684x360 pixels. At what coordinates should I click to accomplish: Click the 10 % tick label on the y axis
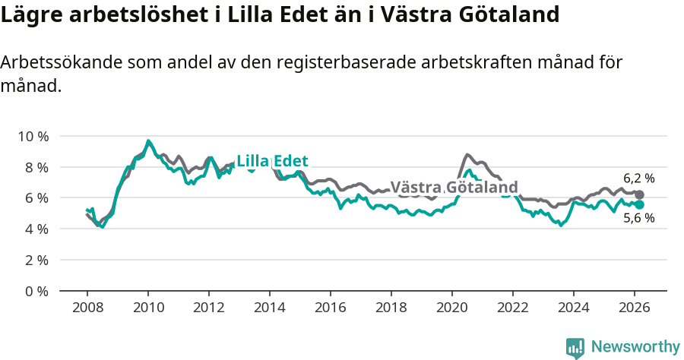[33, 136]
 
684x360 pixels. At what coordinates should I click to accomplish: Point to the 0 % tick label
[36, 291]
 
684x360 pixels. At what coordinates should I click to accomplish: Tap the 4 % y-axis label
[36, 229]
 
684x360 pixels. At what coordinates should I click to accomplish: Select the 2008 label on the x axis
[87, 308]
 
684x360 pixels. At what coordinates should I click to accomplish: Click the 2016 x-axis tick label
[331, 308]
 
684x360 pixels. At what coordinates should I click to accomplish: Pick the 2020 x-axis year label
[452, 308]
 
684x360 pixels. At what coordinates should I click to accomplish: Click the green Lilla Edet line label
[272, 161]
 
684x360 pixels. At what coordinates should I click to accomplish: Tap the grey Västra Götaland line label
[454, 188]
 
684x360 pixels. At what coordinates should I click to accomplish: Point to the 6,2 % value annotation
[638, 178]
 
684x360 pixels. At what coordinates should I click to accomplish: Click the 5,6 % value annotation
[638, 219]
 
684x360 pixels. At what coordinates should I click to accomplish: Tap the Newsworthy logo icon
[575, 347]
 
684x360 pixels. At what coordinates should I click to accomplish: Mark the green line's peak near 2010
[148, 141]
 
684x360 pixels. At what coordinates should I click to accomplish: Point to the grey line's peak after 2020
[467, 154]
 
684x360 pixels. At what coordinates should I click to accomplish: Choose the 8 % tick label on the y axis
[36, 167]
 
